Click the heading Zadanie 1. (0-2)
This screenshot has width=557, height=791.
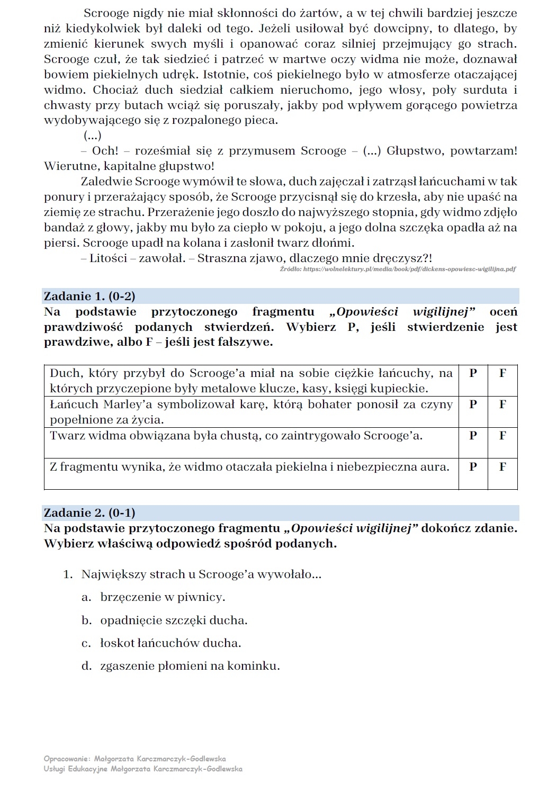pos(89,296)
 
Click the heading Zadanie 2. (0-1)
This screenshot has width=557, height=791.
pos(89,513)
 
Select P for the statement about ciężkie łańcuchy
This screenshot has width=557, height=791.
pos(473,373)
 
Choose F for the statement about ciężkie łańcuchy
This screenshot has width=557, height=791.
pos(502,373)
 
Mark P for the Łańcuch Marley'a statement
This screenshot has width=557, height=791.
pos(473,405)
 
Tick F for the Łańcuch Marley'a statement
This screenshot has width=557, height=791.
pos(502,405)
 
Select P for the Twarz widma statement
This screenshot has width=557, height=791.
pos(473,436)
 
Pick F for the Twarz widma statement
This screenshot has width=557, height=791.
pos(502,436)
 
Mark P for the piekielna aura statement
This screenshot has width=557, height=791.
pos(473,467)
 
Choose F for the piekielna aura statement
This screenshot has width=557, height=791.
pos(502,467)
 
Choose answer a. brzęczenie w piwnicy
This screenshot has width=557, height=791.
pos(162,597)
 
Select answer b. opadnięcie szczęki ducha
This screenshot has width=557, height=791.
pos(173,621)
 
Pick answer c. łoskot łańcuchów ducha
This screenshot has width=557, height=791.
pos(170,643)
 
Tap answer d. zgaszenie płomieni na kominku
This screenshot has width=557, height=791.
pos(190,666)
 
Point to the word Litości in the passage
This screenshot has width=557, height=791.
pos(108,258)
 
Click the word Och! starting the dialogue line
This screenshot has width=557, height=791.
pos(104,151)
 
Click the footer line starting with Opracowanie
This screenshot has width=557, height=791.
pos(134,759)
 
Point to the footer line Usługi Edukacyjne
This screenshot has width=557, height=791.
pos(143,769)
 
